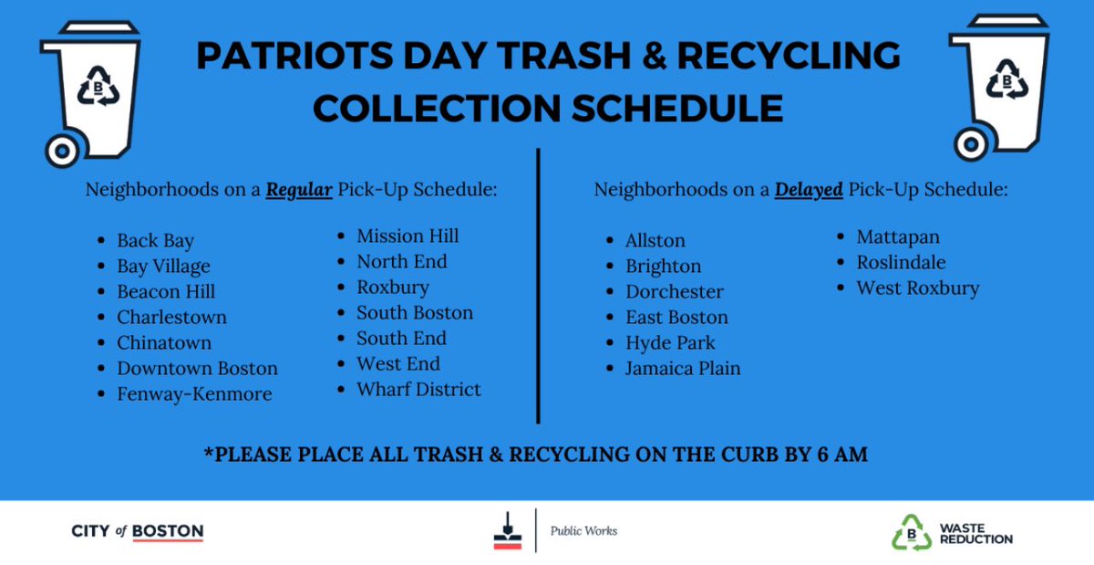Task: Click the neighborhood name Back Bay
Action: (155, 241)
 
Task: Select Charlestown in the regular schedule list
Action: (171, 318)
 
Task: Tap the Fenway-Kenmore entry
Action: (194, 394)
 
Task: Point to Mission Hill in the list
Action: (408, 236)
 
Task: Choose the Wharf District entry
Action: (418, 390)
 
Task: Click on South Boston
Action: (415, 313)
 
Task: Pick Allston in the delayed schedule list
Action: (655, 241)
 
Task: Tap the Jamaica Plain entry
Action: (683, 369)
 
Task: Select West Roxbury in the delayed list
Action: (917, 288)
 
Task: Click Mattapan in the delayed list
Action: (898, 237)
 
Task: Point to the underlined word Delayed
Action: (809, 191)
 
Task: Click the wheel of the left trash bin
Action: (63, 150)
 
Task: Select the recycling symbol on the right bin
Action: (1006, 81)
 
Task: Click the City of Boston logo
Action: (137, 531)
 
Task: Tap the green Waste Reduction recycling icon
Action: (910, 532)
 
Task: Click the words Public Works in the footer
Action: (583, 531)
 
